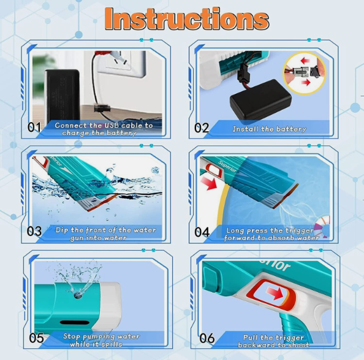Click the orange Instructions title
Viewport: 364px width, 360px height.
coord(187,19)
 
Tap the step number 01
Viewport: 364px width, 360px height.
coord(34,127)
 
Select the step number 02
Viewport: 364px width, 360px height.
coord(202,128)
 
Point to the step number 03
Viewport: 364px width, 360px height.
coord(34,231)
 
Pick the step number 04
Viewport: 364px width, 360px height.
coord(202,232)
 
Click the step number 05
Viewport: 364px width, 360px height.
coord(36,338)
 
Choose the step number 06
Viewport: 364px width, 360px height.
coord(207,338)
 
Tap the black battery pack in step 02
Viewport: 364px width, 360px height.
coord(260,99)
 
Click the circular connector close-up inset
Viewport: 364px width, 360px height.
coord(305,73)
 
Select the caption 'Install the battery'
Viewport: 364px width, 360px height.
coord(269,129)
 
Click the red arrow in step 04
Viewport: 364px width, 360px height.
coord(209,183)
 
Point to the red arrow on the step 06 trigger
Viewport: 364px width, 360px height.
coord(275,293)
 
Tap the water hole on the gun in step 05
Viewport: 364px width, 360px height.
coord(78,296)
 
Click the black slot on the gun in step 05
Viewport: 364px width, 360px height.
coord(75,323)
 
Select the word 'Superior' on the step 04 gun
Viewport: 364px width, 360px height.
coord(227,166)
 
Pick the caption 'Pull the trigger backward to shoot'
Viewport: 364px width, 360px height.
coord(273,341)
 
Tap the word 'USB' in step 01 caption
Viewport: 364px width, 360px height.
coord(112,125)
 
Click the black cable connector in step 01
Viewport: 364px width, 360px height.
coord(102,109)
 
